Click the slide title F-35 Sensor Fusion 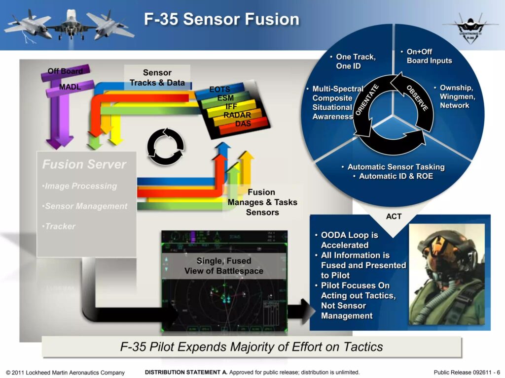coord(221,19)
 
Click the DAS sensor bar coord(243,124)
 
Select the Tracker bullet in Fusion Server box coord(60,226)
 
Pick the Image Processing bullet coord(80,186)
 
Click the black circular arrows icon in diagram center coord(166,144)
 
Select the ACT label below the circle coord(394,217)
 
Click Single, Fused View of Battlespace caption coord(223,266)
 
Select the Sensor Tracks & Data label coord(157,78)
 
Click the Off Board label coord(65,71)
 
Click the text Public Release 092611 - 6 coord(467,372)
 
